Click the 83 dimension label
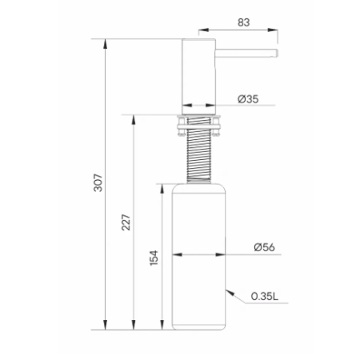(244, 22)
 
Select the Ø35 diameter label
(248, 99)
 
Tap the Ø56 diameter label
(264, 247)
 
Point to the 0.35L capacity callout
(265, 296)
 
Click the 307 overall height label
(98, 182)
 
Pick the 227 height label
(126, 222)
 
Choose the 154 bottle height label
(154, 258)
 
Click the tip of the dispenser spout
(278, 53)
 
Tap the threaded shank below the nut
(199, 159)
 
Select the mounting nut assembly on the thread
(198, 126)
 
